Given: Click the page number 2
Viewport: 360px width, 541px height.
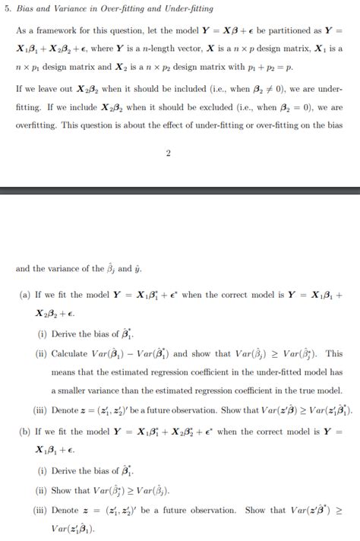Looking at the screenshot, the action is click(x=169, y=155).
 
